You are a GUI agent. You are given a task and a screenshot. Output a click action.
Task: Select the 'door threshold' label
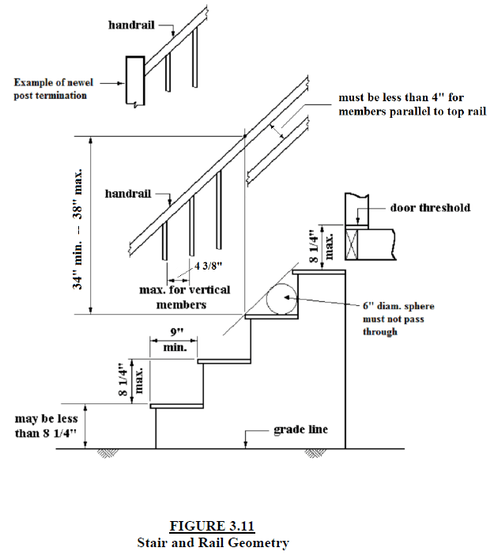(x=430, y=208)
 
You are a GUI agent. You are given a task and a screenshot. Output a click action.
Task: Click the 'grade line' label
(x=300, y=430)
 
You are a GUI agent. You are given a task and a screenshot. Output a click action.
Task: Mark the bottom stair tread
(x=174, y=406)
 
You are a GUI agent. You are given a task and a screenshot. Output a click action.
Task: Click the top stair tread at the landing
(x=319, y=271)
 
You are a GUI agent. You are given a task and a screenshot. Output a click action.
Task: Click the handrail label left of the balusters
(x=128, y=193)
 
